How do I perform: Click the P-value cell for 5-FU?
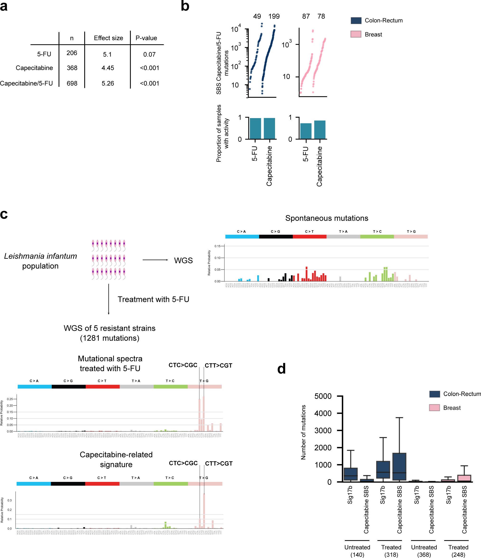tap(149, 54)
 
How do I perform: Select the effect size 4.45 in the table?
tap(108, 68)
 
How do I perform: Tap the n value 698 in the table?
tap(72, 83)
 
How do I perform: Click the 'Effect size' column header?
tap(108, 38)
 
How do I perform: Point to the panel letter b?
tap(185, 6)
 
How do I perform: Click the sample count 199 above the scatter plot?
tap(274, 16)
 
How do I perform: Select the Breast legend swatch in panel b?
tap(356, 34)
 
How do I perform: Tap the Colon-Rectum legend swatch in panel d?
tap(434, 394)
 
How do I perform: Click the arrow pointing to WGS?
tap(155, 260)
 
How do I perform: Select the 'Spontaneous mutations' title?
tap(327, 218)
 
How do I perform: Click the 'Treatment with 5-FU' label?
tap(153, 300)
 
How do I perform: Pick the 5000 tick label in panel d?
tap(323, 396)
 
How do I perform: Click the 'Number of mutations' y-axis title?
tap(304, 432)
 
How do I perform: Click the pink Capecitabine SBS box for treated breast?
tap(464, 478)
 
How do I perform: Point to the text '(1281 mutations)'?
tap(110, 338)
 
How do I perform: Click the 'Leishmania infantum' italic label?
tap(40, 256)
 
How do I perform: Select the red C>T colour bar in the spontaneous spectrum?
tap(309, 237)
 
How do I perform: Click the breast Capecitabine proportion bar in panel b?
tap(320, 130)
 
